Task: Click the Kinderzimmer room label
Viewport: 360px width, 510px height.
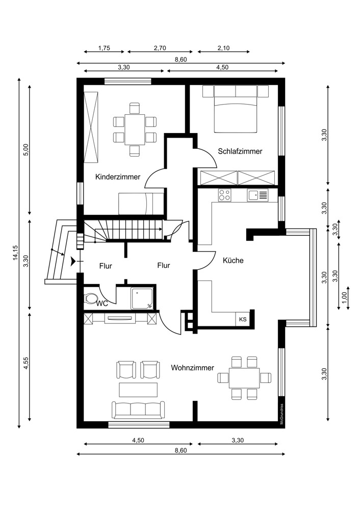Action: pyautogui.click(x=118, y=177)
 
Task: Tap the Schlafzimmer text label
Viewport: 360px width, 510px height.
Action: pyautogui.click(x=240, y=151)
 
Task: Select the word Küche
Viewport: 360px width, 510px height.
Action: pyautogui.click(x=233, y=260)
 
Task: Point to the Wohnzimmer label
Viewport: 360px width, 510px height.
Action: pyautogui.click(x=192, y=367)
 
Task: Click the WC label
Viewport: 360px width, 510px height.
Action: pyautogui.click(x=102, y=303)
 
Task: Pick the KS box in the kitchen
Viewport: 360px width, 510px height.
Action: pyautogui.click(x=243, y=319)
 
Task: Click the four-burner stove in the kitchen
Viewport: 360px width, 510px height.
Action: pyautogui.click(x=225, y=194)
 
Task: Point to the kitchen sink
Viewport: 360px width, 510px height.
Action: pyautogui.click(x=258, y=194)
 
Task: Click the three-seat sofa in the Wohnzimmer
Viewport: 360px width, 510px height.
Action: pyautogui.click(x=138, y=409)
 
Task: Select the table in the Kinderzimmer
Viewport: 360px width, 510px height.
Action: pyautogui.click(x=135, y=130)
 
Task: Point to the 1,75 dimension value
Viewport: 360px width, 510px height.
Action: pyautogui.click(x=104, y=48)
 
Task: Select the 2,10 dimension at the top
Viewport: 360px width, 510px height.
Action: pyautogui.click(x=223, y=48)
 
